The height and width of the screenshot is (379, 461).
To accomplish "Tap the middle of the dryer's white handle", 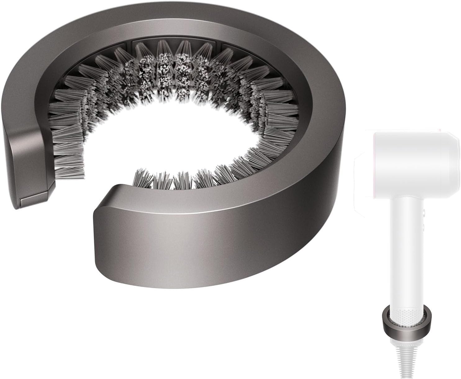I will click(407, 248).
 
